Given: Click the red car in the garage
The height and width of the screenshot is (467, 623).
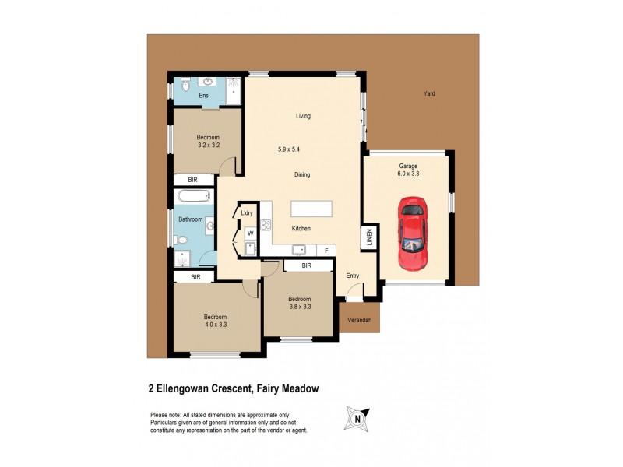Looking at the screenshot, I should point(412,233).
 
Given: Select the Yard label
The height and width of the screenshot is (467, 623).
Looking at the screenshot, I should point(428,93).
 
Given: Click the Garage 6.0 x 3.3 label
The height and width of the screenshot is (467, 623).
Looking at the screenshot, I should point(409,170).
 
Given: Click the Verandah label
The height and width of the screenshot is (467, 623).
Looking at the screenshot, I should point(359,320).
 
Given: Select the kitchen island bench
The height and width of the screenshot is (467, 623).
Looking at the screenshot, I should point(311,209).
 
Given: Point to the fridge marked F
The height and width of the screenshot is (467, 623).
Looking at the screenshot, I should point(326,250).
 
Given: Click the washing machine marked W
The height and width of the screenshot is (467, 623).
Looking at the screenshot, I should point(250,233).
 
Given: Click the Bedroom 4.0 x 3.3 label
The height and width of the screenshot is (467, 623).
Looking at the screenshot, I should point(215,321).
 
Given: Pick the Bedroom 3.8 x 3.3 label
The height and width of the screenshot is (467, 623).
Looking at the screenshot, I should point(299,303).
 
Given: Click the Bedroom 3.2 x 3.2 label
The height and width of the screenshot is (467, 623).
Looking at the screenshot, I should point(209,141).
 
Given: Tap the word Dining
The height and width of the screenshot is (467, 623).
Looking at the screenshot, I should point(302,175).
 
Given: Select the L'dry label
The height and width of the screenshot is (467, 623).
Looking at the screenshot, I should point(248,213).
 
